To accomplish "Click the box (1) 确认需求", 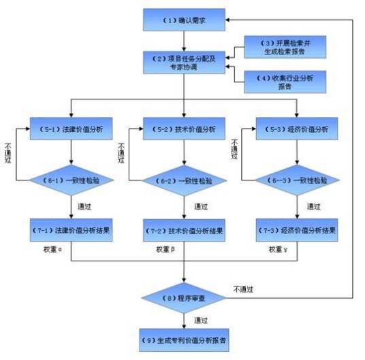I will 184,20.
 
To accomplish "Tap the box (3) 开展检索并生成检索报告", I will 281,45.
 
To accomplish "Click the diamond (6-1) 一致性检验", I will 71,180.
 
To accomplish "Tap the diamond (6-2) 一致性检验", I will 184,180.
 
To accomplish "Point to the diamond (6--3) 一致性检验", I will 297,180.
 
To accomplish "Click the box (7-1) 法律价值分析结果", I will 71,230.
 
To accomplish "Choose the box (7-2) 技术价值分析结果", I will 184,230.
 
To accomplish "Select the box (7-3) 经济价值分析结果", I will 297,230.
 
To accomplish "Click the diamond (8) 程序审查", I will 184,297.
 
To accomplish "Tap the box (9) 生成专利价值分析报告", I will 184,338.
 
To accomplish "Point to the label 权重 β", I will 165,250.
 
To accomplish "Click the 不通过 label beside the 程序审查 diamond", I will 244,289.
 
